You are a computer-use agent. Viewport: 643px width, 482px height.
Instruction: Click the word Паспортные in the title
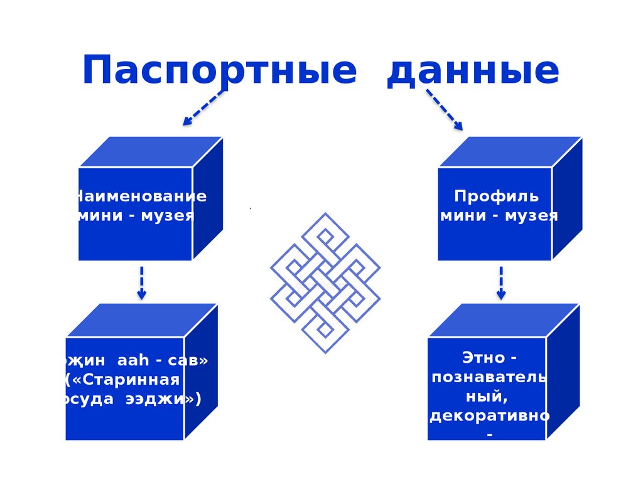tap(219, 71)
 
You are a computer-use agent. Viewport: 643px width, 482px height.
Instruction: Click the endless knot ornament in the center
tap(325, 283)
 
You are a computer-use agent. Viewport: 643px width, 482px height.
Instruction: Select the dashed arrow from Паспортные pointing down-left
tap(203, 107)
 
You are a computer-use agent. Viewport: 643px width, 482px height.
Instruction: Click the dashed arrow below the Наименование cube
tap(142, 282)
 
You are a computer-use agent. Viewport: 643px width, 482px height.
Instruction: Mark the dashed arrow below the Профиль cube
tap(500, 282)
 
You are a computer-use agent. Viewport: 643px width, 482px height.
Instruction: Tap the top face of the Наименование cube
tap(151, 152)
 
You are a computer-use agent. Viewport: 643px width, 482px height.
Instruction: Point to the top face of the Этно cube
tap(503, 320)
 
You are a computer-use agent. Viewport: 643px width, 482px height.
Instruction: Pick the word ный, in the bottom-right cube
tap(487, 397)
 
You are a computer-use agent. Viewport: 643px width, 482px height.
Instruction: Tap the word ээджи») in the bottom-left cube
tap(167, 399)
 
